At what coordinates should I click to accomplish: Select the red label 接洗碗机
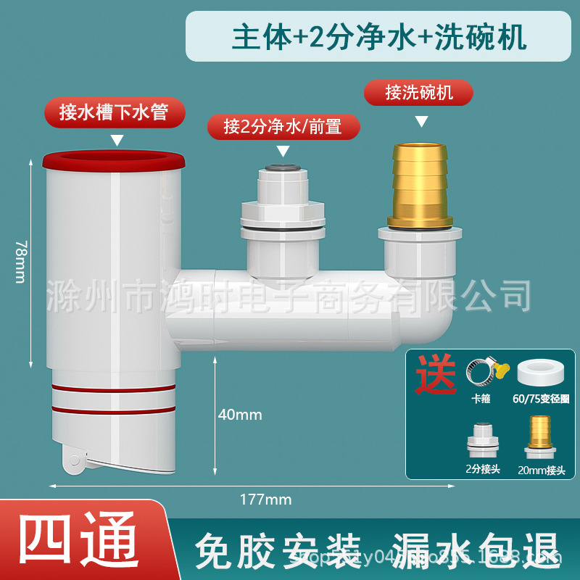pyautogui.click(x=419, y=93)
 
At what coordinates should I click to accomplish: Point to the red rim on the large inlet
pyautogui.click(x=114, y=160)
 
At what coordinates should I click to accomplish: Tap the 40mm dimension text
pyautogui.click(x=240, y=415)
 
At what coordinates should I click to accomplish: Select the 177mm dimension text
pyautogui.click(x=265, y=499)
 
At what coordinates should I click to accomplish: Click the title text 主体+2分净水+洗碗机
pyautogui.click(x=379, y=37)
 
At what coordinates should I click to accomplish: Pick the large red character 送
pyautogui.click(x=436, y=374)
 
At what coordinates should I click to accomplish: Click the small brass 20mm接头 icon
pyautogui.click(x=538, y=435)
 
